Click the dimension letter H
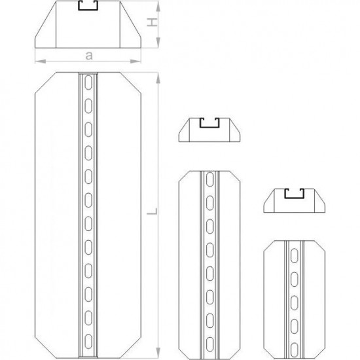pos(153,23)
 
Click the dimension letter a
pos(89,56)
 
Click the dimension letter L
pos(153,211)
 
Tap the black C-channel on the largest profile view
pos(88,6)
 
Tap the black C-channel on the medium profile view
pos(209,123)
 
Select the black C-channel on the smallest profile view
pos(295,194)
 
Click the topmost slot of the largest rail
pos(88,82)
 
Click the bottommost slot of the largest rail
pos(88,342)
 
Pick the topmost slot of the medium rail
pos(210,179)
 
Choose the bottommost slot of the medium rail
pos(210,344)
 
